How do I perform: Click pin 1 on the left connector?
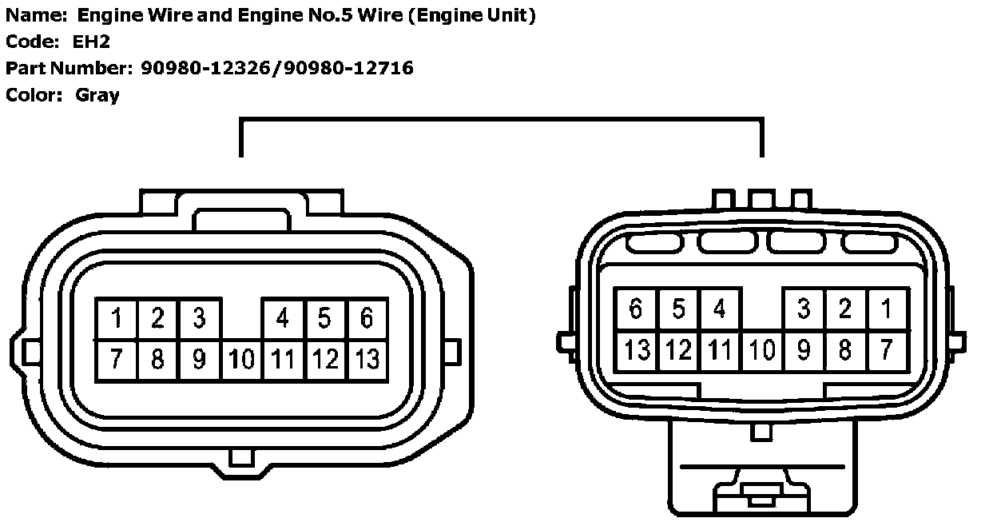[x=117, y=319]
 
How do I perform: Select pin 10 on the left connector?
[x=241, y=360]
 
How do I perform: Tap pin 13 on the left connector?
[x=367, y=360]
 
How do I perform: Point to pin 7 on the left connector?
[x=117, y=360]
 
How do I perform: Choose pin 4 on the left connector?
[x=283, y=319]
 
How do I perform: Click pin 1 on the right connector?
[x=886, y=309]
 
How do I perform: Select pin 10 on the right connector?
[x=761, y=350]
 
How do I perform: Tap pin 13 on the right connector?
[x=637, y=350]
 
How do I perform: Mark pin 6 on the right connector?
[x=637, y=309]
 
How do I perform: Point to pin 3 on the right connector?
[x=803, y=309]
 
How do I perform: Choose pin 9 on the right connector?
[x=803, y=350]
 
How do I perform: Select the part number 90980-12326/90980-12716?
[x=277, y=69]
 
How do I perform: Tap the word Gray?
[x=97, y=95]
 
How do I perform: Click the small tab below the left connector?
[x=240, y=458]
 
